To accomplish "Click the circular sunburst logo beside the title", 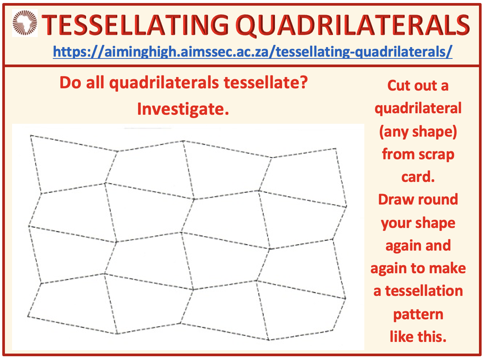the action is tap(25, 23).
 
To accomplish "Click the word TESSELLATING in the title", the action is tap(135, 25).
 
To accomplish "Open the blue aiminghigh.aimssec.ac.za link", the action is tap(253, 52).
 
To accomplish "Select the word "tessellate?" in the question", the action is tap(266, 83).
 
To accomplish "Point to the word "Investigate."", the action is tap(183, 109).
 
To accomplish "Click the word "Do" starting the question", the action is tap(71, 83).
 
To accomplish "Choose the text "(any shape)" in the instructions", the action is tap(418, 132).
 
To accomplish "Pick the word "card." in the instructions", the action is tap(418, 177).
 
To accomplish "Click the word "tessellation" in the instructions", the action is tap(424, 291).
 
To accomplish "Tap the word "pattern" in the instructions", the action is tap(418, 315).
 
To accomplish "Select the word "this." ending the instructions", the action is tap(432, 337).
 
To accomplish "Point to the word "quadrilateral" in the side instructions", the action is tap(418, 109).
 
